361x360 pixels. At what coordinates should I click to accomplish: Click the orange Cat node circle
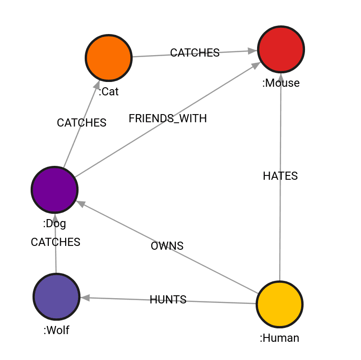(x=109, y=58)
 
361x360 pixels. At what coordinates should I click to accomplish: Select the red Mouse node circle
(x=281, y=49)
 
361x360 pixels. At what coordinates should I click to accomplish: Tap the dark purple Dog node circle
(x=55, y=190)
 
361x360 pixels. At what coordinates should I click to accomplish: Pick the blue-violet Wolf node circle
(x=56, y=297)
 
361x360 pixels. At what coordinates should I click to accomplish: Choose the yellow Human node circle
(x=280, y=304)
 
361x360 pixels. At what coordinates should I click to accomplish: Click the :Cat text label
(x=109, y=92)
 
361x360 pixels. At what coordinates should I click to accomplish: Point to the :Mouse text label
(x=281, y=83)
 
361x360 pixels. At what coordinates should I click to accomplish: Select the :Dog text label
(x=55, y=223)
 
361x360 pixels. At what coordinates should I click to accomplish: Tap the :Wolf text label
(x=56, y=330)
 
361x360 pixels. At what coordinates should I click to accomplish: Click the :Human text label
(x=280, y=338)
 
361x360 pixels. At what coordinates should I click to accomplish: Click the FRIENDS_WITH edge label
(x=168, y=119)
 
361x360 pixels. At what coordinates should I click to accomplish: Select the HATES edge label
(x=280, y=176)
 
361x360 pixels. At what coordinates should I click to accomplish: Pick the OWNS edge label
(x=167, y=246)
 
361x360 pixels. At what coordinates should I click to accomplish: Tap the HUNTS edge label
(x=168, y=300)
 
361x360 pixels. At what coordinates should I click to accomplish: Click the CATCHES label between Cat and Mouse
(x=195, y=53)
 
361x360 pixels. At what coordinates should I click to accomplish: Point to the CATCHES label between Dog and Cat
(x=81, y=123)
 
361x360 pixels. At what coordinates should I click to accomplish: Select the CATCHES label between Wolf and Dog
(x=56, y=242)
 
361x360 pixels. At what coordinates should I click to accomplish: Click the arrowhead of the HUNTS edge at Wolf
(x=85, y=298)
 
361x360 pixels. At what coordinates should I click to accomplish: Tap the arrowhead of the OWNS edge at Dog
(x=80, y=204)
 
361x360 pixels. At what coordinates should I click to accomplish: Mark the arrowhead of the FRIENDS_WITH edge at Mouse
(x=256, y=66)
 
